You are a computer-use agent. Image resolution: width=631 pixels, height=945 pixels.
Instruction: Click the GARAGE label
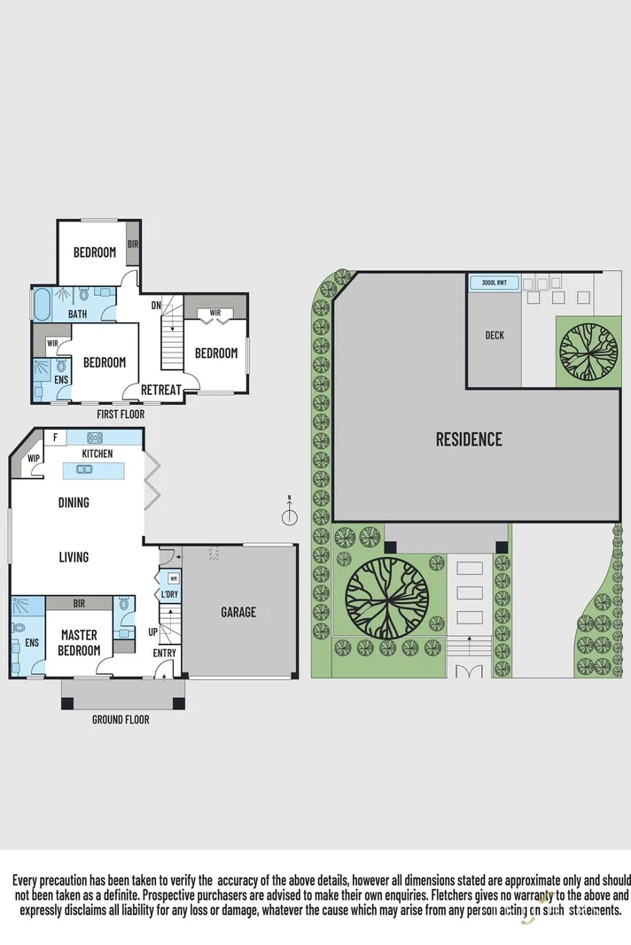coord(238,612)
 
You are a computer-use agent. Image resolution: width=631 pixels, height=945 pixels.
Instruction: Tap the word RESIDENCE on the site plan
coord(469,439)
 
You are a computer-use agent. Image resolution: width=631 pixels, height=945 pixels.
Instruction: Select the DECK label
coord(494,336)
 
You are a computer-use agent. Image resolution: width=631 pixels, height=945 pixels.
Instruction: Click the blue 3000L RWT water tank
coord(494,283)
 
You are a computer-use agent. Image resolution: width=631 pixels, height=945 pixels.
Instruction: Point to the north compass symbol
coord(289,517)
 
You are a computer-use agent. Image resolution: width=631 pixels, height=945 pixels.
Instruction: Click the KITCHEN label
coord(97,453)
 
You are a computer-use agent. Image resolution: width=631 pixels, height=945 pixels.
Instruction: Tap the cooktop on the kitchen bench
coord(95,438)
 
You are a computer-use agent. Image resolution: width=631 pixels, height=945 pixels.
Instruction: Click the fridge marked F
coord(55,437)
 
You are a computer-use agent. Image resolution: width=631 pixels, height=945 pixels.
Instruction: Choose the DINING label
coord(74,503)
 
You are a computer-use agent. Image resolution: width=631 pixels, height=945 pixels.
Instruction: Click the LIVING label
coord(74,557)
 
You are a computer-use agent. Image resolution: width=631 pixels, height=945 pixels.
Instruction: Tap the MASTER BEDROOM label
coord(79,643)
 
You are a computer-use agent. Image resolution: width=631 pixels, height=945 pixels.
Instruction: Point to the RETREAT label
coord(161,390)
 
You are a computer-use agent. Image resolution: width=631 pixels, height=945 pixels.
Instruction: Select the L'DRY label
coord(168,594)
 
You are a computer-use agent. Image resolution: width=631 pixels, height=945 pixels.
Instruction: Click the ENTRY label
coord(165,654)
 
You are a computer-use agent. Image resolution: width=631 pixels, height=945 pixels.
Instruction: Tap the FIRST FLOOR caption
coord(121,414)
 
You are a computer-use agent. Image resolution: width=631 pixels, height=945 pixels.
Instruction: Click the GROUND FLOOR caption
coord(121,720)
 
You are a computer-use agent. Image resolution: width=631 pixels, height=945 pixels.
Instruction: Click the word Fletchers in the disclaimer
coord(453,895)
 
